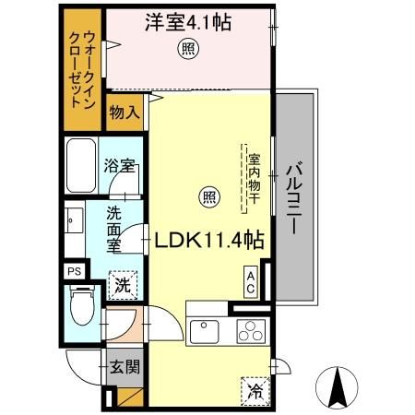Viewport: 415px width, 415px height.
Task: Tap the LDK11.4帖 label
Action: (x=209, y=240)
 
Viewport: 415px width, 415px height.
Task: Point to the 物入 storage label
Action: (x=125, y=113)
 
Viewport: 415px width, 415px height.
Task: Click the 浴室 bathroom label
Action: (x=121, y=167)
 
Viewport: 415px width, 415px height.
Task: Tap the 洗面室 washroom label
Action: (x=113, y=231)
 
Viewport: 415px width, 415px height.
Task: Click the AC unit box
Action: (x=250, y=279)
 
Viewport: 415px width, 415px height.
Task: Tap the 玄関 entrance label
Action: (x=126, y=367)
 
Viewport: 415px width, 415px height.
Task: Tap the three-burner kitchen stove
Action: (x=250, y=329)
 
